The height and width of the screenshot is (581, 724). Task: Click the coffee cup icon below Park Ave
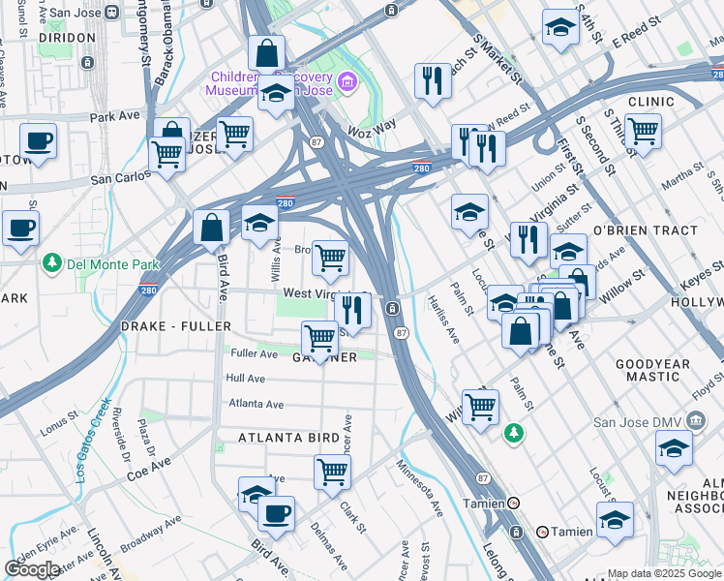[x=38, y=141]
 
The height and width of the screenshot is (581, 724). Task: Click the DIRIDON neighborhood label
[x=68, y=37]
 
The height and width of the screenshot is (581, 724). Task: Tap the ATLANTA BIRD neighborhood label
[x=289, y=439]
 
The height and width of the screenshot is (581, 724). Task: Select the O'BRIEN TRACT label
[x=645, y=230]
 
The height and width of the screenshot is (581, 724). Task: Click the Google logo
[x=32, y=569]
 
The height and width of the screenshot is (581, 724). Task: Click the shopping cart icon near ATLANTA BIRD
[x=332, y=473]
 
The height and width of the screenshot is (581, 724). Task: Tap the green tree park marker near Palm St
[x=513, y=433]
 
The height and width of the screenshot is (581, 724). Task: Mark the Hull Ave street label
[x=245, y=379]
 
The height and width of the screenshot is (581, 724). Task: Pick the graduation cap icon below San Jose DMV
[x=674, y=449]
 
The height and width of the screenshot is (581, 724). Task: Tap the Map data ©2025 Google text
[x=664, y=573]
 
